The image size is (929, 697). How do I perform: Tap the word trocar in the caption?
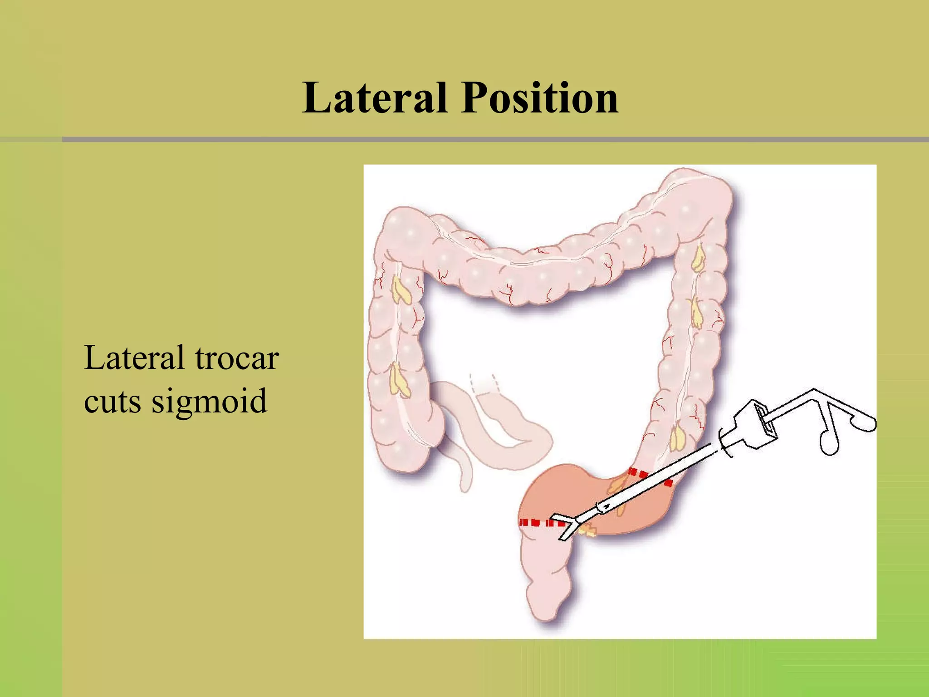(x=237, y=358)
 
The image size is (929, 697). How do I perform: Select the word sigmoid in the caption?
(x=209, y=401)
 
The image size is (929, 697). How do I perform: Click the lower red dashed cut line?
(x=542, y=523)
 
